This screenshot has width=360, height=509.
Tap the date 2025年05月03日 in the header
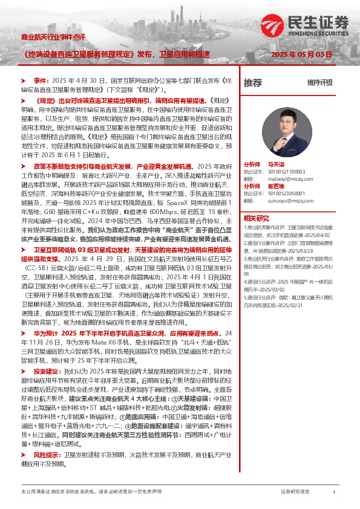click(303, 54)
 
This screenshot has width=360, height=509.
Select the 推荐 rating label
click(253, 82)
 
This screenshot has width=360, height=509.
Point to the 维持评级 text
click(319, 82)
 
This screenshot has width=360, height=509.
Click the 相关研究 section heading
click(256, 218)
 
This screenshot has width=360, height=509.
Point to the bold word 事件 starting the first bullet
click(40, 80)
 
